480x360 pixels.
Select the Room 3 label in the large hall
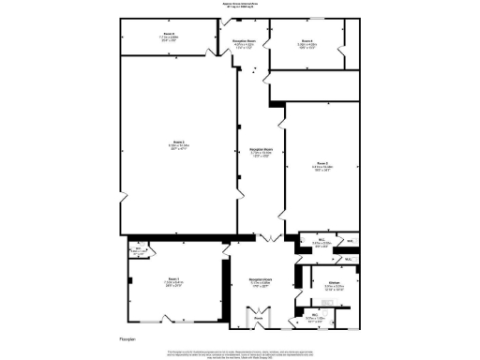(177, 143)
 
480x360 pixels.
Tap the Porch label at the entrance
(260, 319)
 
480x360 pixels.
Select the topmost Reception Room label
(246, 42)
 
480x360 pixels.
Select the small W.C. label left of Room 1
(138, 249)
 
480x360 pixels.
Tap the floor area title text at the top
(239, 5)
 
